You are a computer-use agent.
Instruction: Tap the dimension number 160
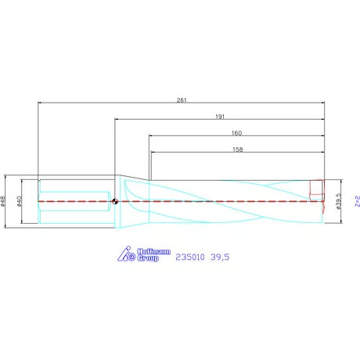[237, 132]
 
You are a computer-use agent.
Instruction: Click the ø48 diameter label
[5, 201]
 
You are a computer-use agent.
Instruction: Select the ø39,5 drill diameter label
[338, 201]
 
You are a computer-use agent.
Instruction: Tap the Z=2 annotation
[356, 201]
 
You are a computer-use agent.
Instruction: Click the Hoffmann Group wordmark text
[148, 254]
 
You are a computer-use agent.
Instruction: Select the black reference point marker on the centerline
[116, 201]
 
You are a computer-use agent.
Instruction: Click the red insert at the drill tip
[316, 190]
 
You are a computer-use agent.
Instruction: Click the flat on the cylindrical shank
[74, 201]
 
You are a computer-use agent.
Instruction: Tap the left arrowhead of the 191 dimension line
[117, 120]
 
